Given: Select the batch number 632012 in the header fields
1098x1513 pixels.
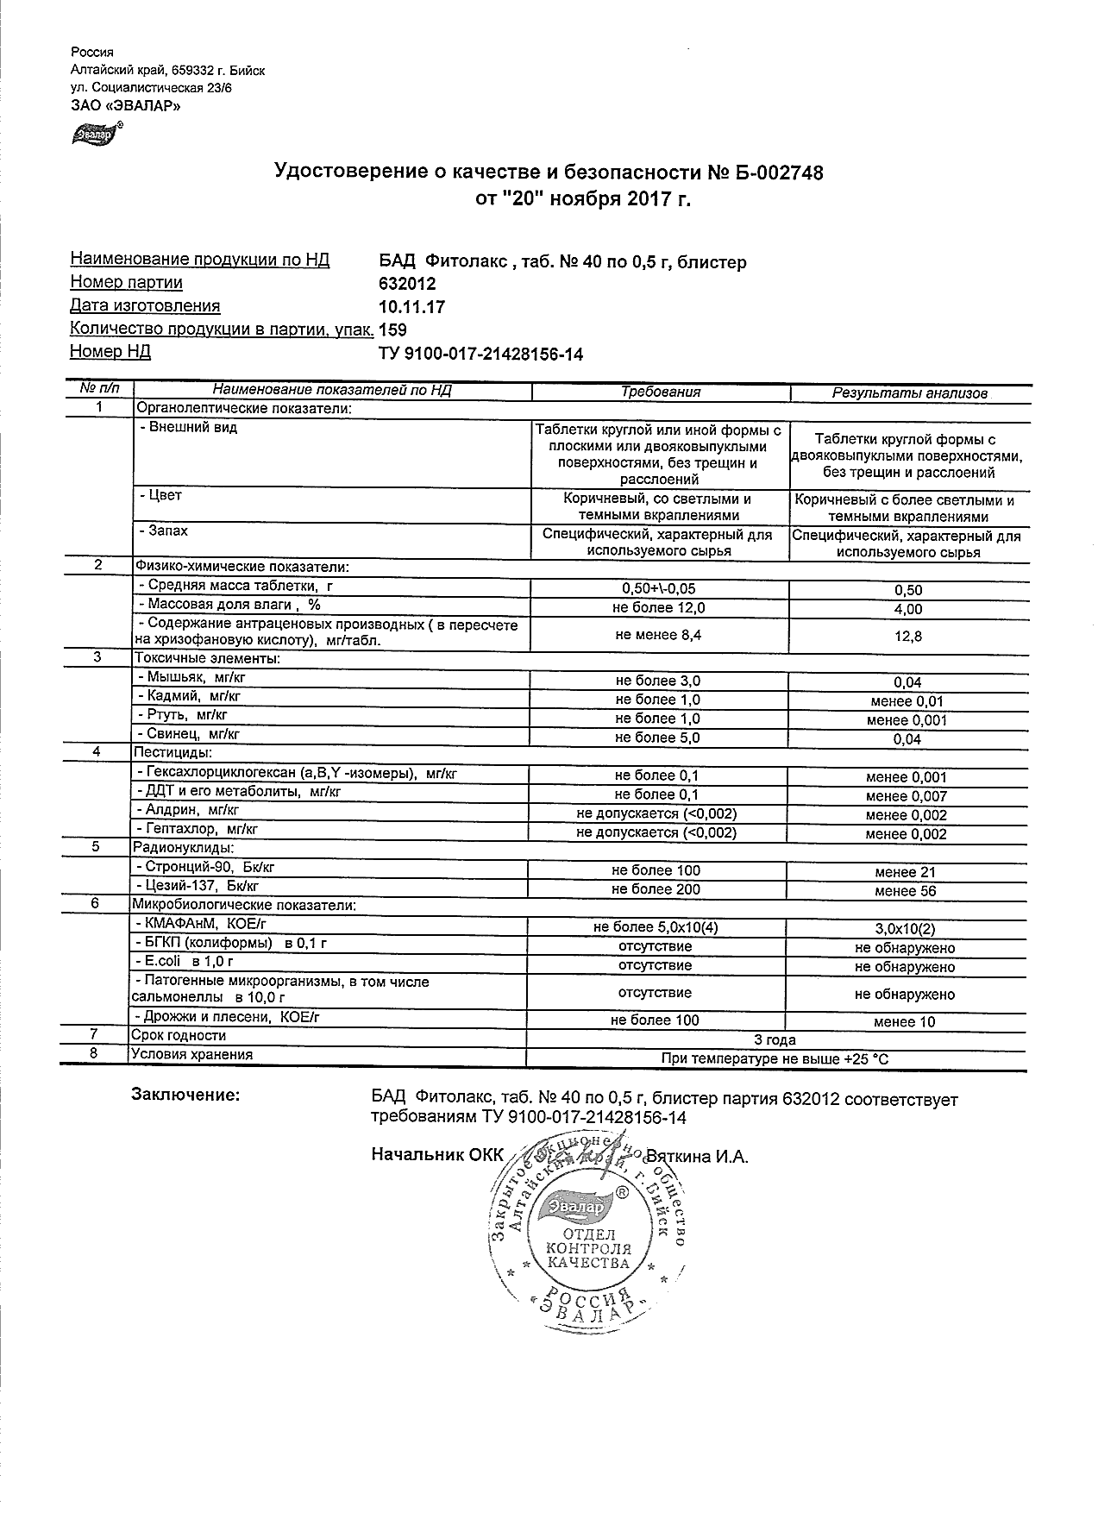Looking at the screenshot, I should (x=407, y=284).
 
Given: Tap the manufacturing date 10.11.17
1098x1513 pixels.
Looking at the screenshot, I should (x=411, y=307).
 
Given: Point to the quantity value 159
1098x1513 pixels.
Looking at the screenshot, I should (x=392, y=330).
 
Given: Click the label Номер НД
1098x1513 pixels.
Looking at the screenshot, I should (x=110, y=351).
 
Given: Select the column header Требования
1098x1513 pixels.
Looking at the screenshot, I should (x=661, y=392).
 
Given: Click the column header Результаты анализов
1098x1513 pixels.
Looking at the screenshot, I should (x=909, y=393).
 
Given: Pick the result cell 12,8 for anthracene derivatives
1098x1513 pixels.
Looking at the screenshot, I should (x=908, y=637).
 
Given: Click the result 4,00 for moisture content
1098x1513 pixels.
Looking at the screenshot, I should (x=908, y=609).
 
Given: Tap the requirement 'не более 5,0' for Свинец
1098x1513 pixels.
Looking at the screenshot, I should (x=656, y=738).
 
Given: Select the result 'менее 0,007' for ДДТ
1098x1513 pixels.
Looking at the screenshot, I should (x=906, y=796).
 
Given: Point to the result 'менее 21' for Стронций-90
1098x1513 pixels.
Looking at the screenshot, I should (x=905, y=872).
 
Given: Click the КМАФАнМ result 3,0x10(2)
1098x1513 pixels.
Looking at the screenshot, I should (x=905, y=929).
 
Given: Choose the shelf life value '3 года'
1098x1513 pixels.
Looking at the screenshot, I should (x=775, y=1039).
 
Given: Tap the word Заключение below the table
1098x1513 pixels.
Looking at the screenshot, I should (x=185, y=1095).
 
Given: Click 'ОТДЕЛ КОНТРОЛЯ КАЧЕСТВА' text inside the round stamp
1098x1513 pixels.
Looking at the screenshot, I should (x=588, y=1248).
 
